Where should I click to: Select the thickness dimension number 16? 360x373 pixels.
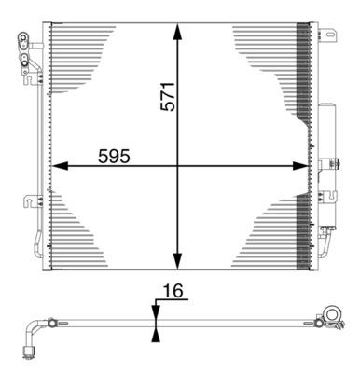coord(173,292)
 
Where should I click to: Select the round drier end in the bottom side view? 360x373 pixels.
coord(330,314)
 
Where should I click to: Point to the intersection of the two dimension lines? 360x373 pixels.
coord(177,167)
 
